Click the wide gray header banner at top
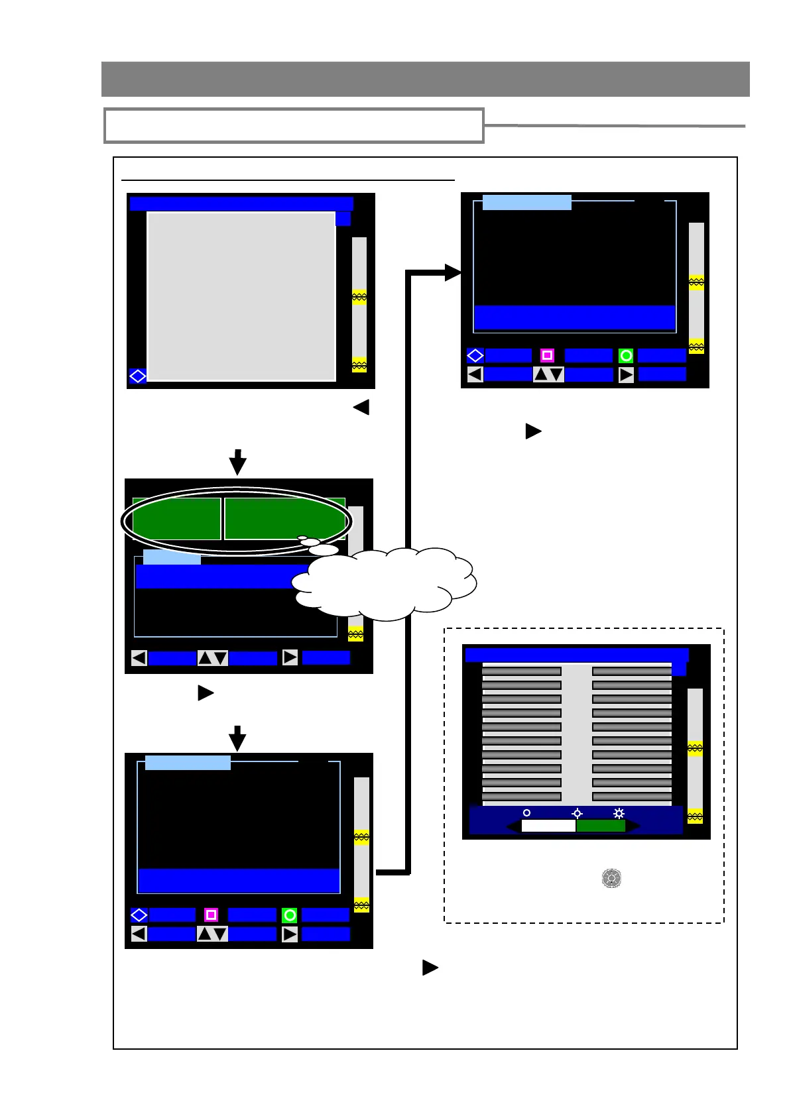point(425,79)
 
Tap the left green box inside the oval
point(176,519)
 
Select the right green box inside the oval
point(284,519)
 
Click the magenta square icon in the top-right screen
point(547,356)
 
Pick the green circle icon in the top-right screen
point(625,356)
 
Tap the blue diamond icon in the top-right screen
point(475,356)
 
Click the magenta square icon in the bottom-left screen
point(211,915)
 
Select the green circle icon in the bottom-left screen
point(290,915)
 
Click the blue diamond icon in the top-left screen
point(137,376)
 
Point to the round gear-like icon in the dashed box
point(611,879)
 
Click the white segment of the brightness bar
point(548,826)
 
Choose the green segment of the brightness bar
point(601,826)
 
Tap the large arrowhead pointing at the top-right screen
point(453,272)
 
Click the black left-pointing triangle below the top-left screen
point(361,407)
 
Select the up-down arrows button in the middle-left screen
point(213,658)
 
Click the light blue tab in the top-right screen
point(526,202)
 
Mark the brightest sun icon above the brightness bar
point(619,813)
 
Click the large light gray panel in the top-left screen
point(241,296)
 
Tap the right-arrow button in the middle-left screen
point(290,657)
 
